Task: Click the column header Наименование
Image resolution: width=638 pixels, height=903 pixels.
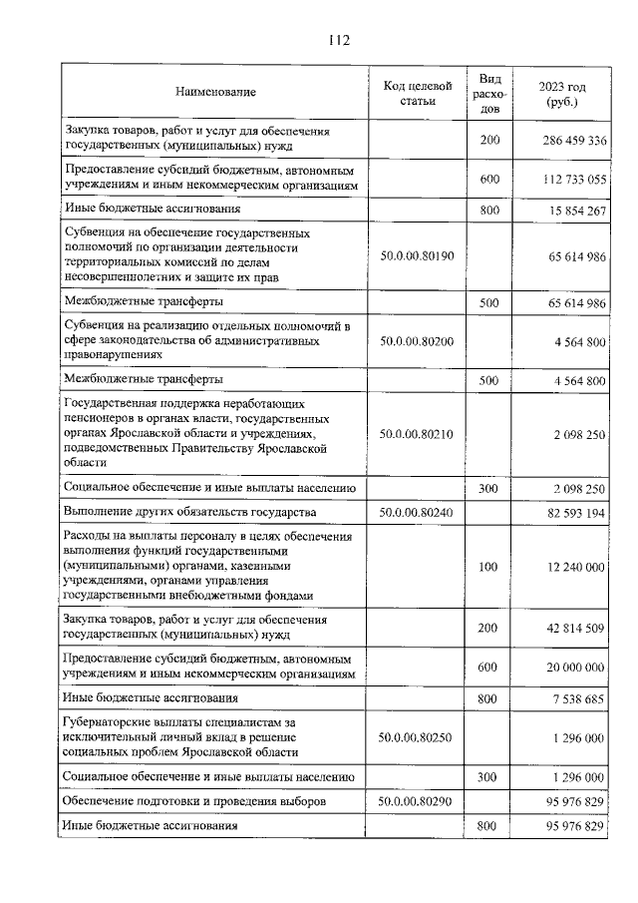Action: pyautogui.click(x=215, y=93)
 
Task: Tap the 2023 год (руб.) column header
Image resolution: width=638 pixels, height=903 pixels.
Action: pyautogui.click(x=562, y=93)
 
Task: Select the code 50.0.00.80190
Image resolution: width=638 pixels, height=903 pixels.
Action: pyautogui.click(x=418, y=256)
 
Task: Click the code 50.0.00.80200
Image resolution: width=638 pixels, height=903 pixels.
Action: pyautogui.click(x=418, y=341)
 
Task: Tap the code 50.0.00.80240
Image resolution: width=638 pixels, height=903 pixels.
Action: pyautogui.click(x=418, y=512)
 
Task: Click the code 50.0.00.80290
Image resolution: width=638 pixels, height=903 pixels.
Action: pyautogui.click(x=418, y=801)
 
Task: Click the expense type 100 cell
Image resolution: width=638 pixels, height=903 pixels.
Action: pyautogui.click(x=487, y=567)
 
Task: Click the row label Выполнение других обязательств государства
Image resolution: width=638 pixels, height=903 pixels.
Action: pyautogui.click(x=189, y=512)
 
